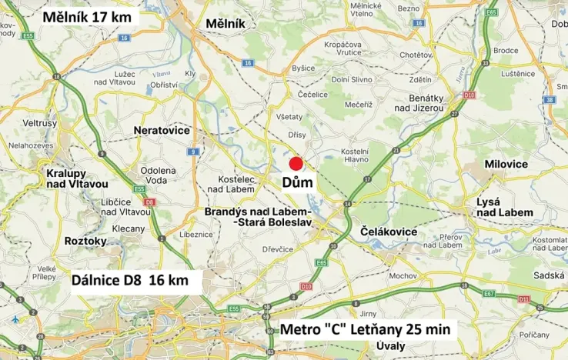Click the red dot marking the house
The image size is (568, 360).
[296, 163]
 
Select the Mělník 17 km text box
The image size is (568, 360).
[87, 16]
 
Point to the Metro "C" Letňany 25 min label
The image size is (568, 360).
[368, 329]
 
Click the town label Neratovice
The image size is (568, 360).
[162, 131]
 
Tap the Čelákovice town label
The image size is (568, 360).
[389, 232]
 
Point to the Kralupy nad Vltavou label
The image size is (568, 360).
[75, 178]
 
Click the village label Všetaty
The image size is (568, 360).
[289, 116]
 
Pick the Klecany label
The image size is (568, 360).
[128, 228]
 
